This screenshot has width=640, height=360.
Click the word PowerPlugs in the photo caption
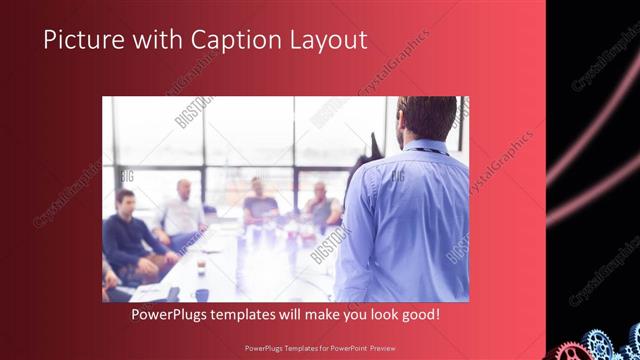(172, 315)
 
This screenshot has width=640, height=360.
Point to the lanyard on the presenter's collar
(426, 151)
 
